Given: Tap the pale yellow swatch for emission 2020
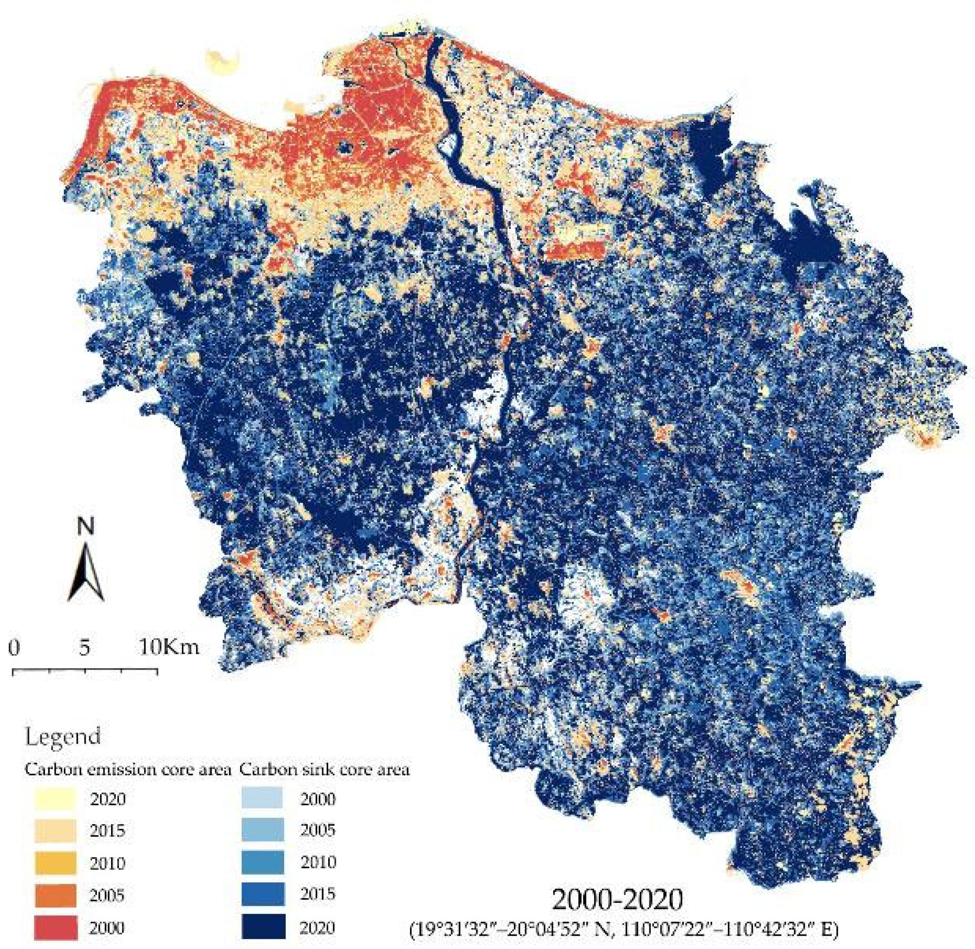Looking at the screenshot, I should tap(55, 798).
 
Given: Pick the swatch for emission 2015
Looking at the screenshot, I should tap(55, 831).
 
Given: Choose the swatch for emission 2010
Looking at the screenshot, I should tap(55, 863).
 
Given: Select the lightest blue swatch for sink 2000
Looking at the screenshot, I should tap(262, 798).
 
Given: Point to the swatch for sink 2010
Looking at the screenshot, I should tap(263, 862).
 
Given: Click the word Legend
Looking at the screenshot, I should tap(62, 736).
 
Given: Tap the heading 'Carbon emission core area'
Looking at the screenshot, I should tap(127, 770).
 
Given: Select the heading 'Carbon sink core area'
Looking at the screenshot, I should tap(324, 770).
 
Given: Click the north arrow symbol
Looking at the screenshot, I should tap(86, 571).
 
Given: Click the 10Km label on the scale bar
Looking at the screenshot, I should tap(169, 647).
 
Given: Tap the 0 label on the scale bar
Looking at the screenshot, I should tap(15, 647).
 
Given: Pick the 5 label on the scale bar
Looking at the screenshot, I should tap(85, 647).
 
